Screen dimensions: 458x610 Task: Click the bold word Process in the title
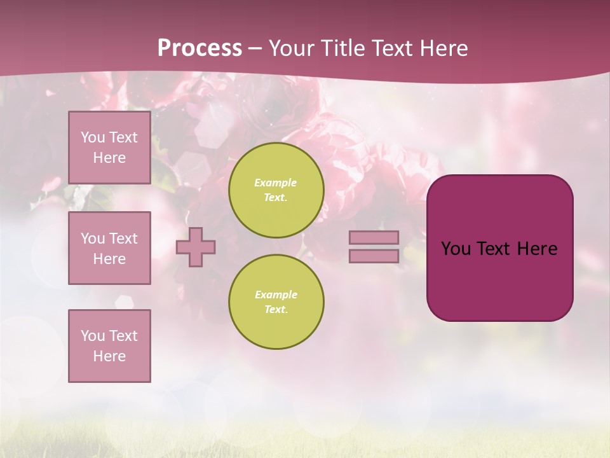200,48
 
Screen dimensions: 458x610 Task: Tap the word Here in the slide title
442,48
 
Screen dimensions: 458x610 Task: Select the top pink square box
109,148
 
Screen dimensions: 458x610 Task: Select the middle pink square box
109,248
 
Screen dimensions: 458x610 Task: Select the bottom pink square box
109,346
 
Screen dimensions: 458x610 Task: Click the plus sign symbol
196,247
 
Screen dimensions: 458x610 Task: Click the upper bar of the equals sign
374,237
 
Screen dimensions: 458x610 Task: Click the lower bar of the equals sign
374,256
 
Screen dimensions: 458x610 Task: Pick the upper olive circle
276,190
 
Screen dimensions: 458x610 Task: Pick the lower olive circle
276,302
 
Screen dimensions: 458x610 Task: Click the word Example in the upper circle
275,183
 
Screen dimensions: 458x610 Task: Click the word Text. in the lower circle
276,310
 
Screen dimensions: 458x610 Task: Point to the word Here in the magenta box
537,249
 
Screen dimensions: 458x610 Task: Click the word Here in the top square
109,158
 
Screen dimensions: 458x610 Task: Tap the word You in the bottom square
93,336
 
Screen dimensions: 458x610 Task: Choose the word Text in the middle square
123,239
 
